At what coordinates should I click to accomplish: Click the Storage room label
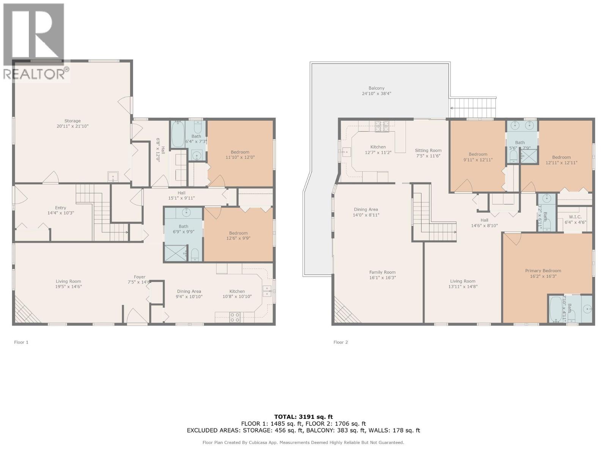click(x=72, y=121)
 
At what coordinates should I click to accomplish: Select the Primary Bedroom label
click(x=543, y=271)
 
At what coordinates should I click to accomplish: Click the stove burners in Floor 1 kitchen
click(x=235, y=317)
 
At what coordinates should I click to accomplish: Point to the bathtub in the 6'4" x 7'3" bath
click(x=177, y=135)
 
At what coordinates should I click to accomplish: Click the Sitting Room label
click(x=428, y=151)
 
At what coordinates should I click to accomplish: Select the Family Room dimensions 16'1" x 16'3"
click(x=382, y=278)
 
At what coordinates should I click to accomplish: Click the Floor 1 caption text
click(x=21, y=342)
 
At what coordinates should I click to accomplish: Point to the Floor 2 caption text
click(x=341, y=342)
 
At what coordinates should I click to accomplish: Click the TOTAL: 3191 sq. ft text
click(x=303, y=417)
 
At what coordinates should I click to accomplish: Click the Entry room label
click(x=60, y=208)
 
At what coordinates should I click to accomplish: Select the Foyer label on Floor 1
click(x=140, y=277)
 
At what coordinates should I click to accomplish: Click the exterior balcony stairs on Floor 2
click(x=473, y=108)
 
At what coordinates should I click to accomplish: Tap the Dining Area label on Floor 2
click(x=366, y=209)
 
